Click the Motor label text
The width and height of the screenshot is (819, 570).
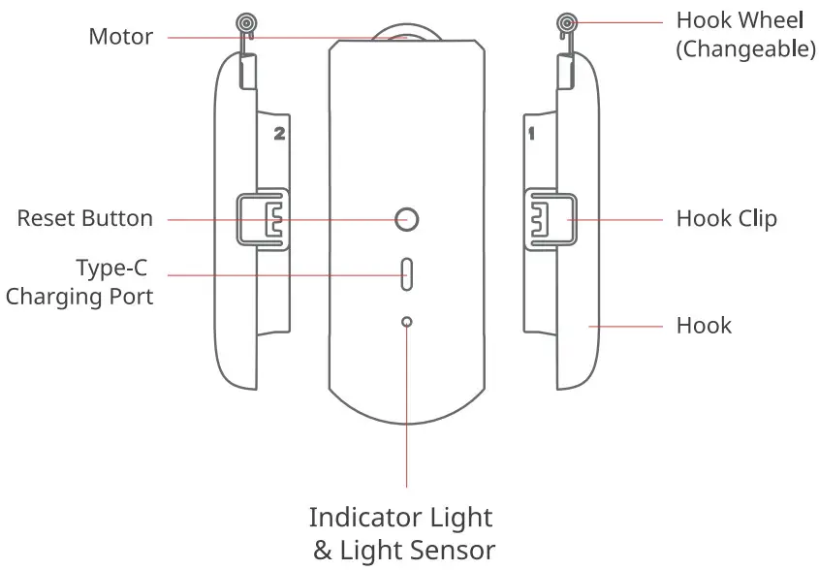click(x=120, y=37)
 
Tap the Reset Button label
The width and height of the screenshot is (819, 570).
click(x=85, y=218)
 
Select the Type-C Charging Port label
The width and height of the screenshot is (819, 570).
click(x=79, y=282)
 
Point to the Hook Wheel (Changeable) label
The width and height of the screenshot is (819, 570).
click(x=745, y=35)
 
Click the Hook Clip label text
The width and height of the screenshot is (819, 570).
click(x=726, y=218)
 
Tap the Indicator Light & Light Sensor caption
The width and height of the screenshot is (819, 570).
click(x=402, y=533)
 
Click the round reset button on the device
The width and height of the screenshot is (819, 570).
click(x=408, y=219)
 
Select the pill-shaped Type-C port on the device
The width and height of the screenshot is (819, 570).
click(x=407, y=274)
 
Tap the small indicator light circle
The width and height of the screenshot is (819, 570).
click(x=407, y=322)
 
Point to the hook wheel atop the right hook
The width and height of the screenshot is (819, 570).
click(x=567, y=22)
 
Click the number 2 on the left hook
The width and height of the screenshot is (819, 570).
click(x=279, y=135)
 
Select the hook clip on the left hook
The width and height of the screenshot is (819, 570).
click(x=264, y=218)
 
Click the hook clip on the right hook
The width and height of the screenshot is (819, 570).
click(x=548, y=219)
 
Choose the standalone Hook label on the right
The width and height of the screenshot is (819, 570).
click(x=704, y=325)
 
